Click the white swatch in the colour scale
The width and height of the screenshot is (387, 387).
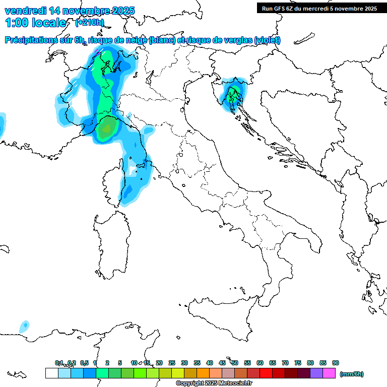tap(51, 373)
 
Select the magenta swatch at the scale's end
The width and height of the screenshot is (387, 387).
tap(329, 373)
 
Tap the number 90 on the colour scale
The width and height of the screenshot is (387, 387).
tap(336, 363)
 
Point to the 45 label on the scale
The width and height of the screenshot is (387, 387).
tap(222, 363)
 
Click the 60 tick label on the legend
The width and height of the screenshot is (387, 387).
tap(260, 363)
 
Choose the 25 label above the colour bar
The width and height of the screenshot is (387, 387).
tap(172, 363)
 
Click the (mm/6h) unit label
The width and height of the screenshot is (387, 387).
tap(352, 374)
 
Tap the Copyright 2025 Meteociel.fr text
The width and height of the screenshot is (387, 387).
tap(214, 383)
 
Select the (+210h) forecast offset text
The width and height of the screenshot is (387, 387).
tap(90, 22)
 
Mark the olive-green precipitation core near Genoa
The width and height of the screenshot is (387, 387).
tap(105, 131)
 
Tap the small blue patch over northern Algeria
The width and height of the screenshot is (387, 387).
tap(24, 326)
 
